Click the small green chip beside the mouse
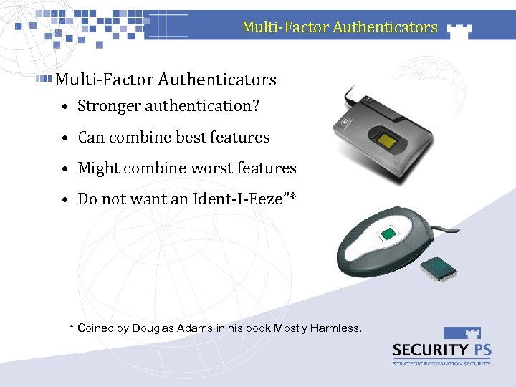(x=438, y=268)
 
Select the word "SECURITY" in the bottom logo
(x=429, y=350)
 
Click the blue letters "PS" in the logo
(x=481, y=350)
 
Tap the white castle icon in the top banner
(x=459, y=29)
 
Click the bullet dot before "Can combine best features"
(x=64, y=138)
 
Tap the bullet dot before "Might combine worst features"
(x=64, y=169)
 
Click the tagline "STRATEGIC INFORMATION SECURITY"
(x=441, y=364)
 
